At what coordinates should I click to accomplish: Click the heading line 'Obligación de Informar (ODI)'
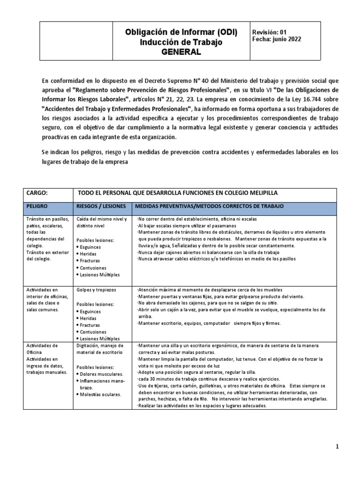[x=180, y=32]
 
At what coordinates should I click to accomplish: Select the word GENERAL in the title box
[x=180, y=52]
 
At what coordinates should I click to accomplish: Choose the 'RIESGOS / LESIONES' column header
[x=101, y=206]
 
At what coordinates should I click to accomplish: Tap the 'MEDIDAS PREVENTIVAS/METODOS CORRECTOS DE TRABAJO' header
[x=209, y=206]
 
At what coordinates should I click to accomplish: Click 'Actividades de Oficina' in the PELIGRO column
[x=43, y=349]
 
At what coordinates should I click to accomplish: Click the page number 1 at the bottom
[x=337, y=447]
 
